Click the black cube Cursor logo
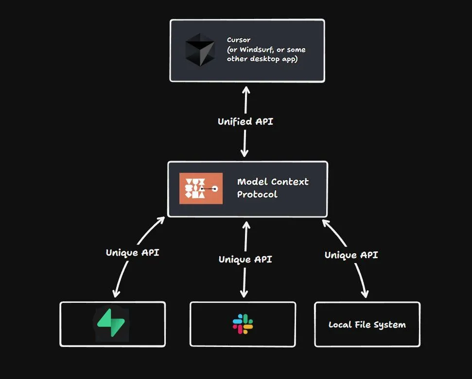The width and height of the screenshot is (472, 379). (x=199, y=50)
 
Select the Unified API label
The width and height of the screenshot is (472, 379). (x=245, y=121)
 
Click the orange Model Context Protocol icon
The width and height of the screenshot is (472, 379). (x=201, y=188)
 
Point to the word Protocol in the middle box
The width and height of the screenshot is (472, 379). (x=257, y=194)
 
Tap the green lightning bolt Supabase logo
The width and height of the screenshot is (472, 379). (x=112, y=324)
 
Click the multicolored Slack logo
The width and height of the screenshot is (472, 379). (x=243, y=324)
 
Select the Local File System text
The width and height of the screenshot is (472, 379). (x=367, y=325)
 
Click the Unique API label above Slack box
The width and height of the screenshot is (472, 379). (x=245, y=259)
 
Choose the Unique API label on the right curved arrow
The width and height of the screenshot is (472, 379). (x=351, y=255)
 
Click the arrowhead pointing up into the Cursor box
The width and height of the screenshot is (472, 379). (x=246, y=90)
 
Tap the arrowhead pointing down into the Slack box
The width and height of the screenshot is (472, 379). (x=245, y=294)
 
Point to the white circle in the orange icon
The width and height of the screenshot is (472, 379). (x=215, y=188)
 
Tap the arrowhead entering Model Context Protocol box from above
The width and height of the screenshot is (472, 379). (x=245, y=153)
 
